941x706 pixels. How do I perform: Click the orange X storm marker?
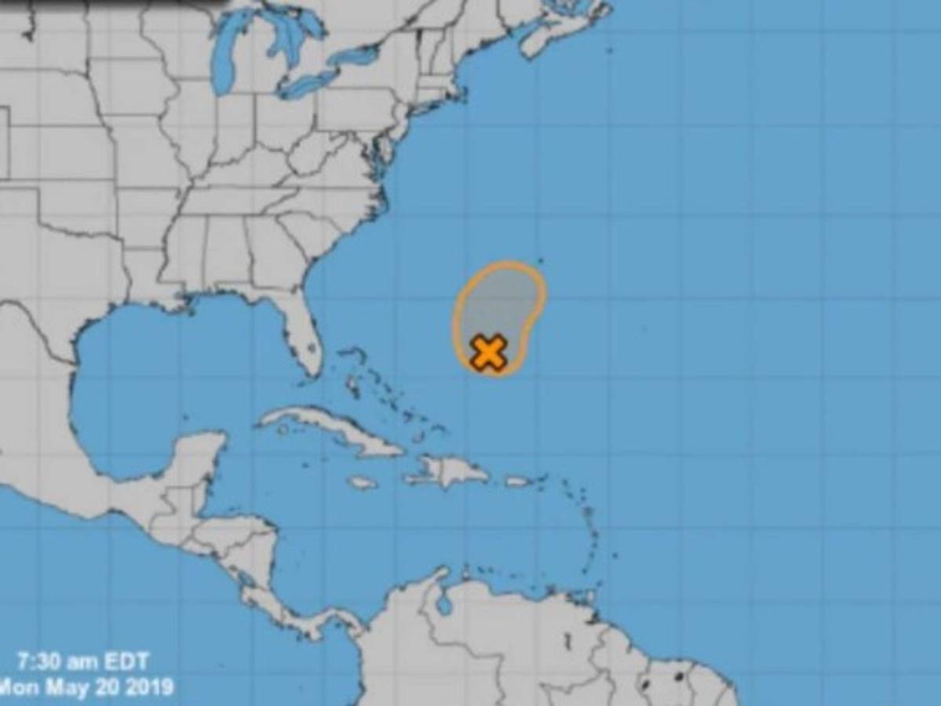488,351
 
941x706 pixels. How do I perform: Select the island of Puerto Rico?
518,481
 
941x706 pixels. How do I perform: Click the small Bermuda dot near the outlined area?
541,260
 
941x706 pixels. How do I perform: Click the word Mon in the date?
23,688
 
